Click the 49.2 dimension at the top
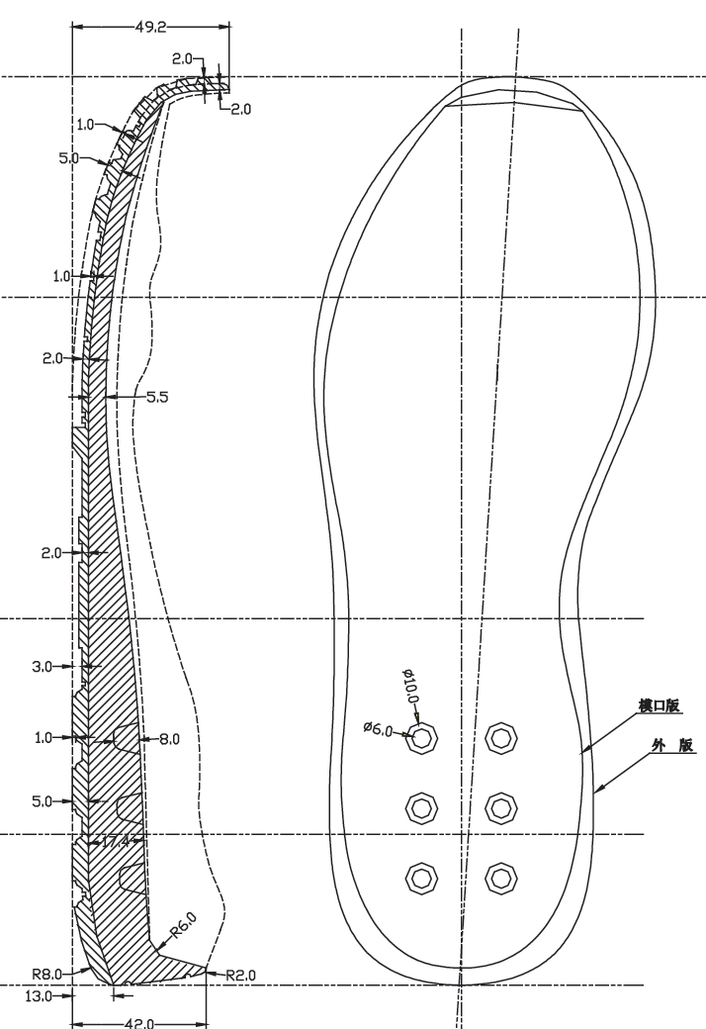click(x=150, y=27)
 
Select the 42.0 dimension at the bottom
click(x=139, y=1023)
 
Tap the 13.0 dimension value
click(x=38, y=996)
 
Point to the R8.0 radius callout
click(x=46, y=974)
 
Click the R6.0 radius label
click(x=183, y=925)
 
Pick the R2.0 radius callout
click(x=241, y=976)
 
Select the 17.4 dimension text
click(x=116, y=841)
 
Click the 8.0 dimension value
click(x=169, y=740)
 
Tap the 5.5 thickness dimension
click(x=157, y=397)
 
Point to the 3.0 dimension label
click(x=42, y=667)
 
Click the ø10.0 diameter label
click(x=410, y=686)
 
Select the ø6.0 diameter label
click(x=378, y=728)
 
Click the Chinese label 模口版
click(x=660, y=705)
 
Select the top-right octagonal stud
click(x=501, y=738)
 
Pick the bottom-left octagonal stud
click(x=421, y=878)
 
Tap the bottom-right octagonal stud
click(x=501, y=878)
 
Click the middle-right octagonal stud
click(x=501, y=807)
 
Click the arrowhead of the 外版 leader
click(x=596, y=793)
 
